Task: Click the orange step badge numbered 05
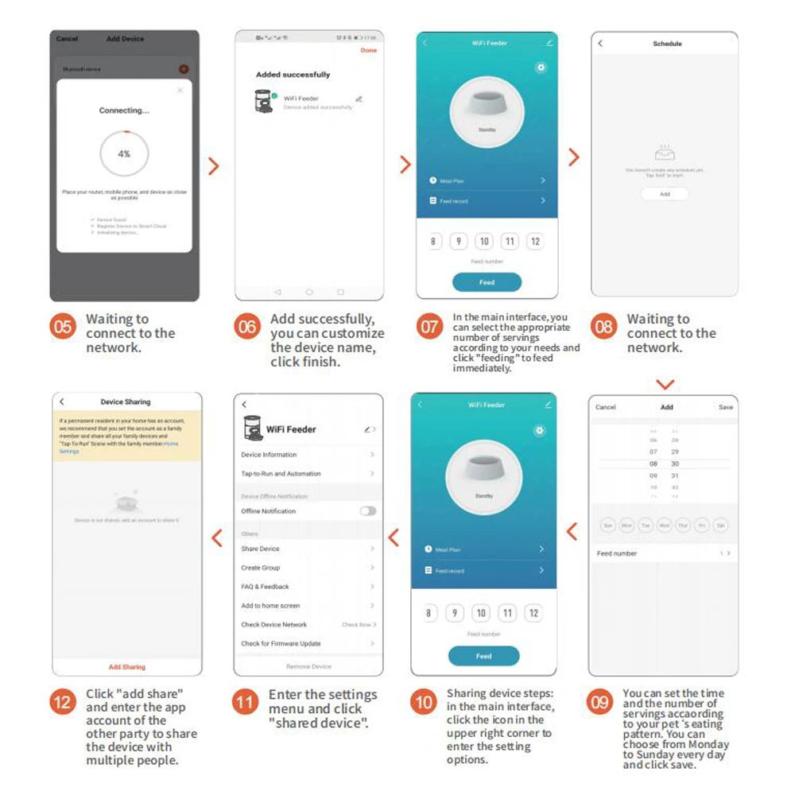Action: click(x=64, y=327)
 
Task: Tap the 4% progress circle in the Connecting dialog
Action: click(x=124, y=153)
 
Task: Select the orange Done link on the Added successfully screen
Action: click(x=368, y=50)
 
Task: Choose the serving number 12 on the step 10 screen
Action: click(x=533, y=613)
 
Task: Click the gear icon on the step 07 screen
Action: click(x=541, y=68)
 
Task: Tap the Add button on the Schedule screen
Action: click(x=665, y=194)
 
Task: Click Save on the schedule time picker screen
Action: click(x=725, y=407)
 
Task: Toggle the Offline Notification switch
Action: click(x=367, y=511)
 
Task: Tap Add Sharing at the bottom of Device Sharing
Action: click(x=127, y=667)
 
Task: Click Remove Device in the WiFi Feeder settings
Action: click(x=308, y=666)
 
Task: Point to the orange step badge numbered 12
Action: click(x=64, y=702)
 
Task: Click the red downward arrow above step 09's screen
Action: click(x=665, y=385)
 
